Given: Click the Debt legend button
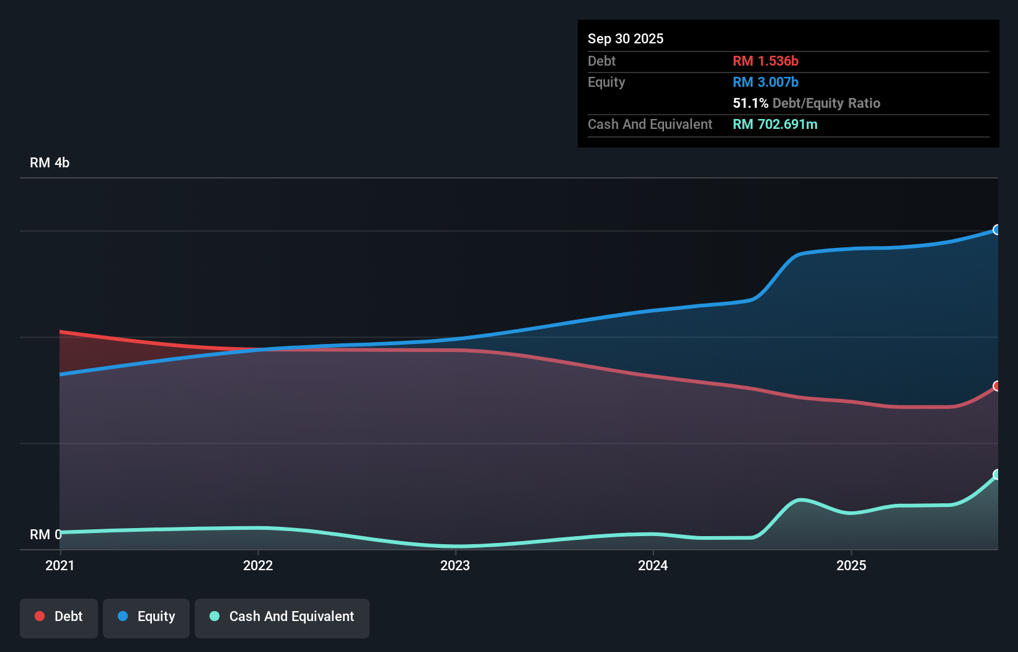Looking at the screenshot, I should [58, 617].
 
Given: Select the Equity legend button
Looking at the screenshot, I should [146, 617].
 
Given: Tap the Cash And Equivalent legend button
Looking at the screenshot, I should [281, 617].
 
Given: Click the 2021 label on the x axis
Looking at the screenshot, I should [60, 565].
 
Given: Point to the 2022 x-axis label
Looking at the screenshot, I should [258, 565].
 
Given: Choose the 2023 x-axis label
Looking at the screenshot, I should [455, 565].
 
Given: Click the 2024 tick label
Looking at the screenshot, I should [653, 565].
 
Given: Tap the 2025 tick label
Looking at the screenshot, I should [851, 565].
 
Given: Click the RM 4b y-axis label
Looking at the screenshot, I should [50, 163].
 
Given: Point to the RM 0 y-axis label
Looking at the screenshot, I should [45, 534].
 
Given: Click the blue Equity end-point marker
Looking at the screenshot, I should [997, 230].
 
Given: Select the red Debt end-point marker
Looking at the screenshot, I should [997, 386].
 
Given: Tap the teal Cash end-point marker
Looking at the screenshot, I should [997, 475].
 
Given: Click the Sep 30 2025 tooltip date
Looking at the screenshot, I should [626, 38].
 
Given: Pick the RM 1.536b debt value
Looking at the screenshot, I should [765, 61].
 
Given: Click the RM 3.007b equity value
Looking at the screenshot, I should [765, 82].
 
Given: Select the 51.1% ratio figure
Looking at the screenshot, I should [750, 103].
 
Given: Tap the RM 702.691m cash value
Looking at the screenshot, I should [775, 124].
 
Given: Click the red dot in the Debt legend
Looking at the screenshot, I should [40, 616].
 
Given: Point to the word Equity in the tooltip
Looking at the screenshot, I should [606, 82].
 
